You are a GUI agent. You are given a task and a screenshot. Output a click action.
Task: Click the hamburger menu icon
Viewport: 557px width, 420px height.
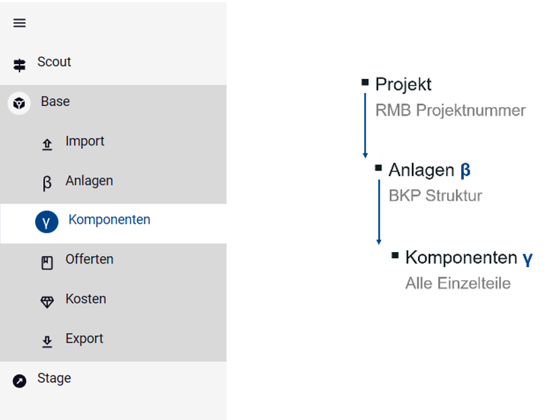20,23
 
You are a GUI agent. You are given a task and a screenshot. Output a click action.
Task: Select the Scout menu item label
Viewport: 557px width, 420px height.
54,62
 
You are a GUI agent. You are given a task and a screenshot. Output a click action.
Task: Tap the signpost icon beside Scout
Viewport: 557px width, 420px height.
20,65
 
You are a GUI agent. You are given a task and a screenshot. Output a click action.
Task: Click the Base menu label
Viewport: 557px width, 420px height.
55,102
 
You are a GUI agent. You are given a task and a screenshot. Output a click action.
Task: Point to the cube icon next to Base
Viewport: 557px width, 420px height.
19,103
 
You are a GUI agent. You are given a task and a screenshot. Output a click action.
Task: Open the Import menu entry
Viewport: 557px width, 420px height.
84,142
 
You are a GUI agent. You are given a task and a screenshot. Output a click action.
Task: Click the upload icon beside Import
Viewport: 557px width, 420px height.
47,144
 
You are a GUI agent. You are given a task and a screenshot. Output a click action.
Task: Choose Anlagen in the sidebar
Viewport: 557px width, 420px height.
89,181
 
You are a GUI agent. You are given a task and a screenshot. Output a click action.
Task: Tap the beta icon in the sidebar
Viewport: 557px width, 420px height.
47,183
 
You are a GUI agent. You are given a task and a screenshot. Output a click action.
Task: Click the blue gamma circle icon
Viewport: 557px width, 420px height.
47,222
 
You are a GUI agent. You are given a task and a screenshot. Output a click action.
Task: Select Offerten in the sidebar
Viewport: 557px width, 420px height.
90,259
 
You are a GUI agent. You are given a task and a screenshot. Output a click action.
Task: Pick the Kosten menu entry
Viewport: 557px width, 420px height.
86,299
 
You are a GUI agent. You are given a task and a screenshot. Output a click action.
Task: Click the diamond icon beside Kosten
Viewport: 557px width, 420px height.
47,302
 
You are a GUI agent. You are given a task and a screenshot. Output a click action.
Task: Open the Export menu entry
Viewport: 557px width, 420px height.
84,338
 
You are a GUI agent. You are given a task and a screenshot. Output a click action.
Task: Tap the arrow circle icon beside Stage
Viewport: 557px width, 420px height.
20,381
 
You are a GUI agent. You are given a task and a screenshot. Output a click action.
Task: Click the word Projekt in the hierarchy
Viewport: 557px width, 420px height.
403,84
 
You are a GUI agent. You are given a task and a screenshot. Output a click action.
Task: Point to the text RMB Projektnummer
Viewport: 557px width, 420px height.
450,111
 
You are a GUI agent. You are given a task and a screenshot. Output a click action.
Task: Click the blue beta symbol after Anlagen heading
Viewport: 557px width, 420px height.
465,171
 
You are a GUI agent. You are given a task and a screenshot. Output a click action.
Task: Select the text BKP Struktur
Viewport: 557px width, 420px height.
436,196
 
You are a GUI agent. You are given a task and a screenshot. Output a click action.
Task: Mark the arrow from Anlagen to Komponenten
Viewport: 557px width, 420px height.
379,212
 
